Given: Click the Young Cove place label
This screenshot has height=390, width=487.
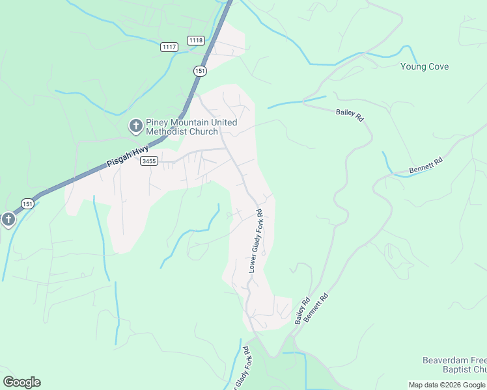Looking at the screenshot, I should [x=424, y=67].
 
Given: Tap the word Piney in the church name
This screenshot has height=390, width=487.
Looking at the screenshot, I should [x=159, y=122].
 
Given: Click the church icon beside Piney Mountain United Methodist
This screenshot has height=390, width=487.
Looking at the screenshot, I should [x=135, y=125].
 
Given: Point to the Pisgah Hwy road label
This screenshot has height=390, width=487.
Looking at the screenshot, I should [x=128, y=159].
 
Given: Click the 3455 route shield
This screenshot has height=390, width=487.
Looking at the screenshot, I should [x=148, y=161].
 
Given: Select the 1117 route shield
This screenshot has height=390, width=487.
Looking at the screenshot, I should [x=169, y=47].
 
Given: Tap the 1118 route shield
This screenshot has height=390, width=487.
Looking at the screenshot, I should [x=195, y=40].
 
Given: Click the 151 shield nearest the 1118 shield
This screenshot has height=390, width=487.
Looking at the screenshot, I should [x=200, y=70].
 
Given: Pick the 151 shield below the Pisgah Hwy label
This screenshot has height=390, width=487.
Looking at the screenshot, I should [x=27, y=203].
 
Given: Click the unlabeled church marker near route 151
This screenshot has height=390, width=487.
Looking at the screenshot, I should [x=8, y=220].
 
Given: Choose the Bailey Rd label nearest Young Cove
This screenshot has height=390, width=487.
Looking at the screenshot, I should [x=349, y=113].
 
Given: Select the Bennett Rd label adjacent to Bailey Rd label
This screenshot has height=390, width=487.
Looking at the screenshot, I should [x=317, y=309].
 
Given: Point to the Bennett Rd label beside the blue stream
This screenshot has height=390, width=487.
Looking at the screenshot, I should [x=426, y=166].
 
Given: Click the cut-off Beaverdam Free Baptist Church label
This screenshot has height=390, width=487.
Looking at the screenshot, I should [x=454, y=365].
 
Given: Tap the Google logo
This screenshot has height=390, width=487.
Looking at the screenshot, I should [x=21, y=382].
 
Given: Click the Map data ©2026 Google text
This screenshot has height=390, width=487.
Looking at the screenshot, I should [x=447, y=385].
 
